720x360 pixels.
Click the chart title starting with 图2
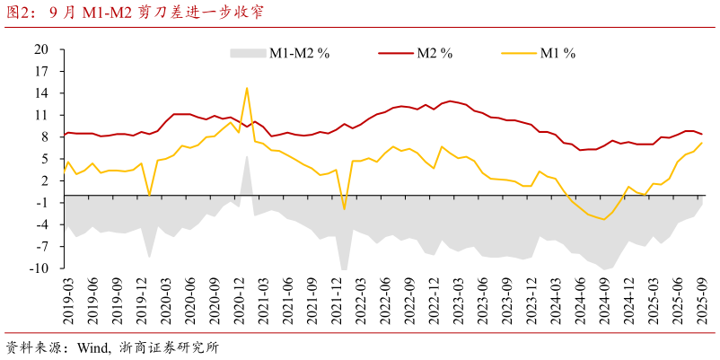(x=135, y=13)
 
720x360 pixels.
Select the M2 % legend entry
(x=434, y=53)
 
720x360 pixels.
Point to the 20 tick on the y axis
(x=40, y=49)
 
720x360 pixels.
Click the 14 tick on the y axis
(x=40, y=93)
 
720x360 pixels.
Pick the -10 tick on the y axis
(x=39, y=268)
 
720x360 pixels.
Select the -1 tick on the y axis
(x=40, y=203)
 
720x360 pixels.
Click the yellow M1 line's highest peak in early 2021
(x=247, y=88)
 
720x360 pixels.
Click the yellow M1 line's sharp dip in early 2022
(x=344, y=209)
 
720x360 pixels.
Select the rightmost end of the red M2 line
(x=702, y=135)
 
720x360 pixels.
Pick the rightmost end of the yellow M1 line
(x=702, y=143)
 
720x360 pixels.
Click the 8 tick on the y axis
(x=42, y=137)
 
